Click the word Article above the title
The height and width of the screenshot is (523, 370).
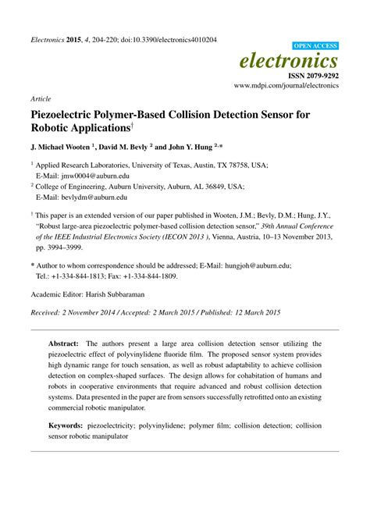point(41,100)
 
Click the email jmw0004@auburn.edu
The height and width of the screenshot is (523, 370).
point(85,176)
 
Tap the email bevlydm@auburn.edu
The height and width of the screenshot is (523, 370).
point(85,199)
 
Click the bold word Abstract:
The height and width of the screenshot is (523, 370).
point(64,343)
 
